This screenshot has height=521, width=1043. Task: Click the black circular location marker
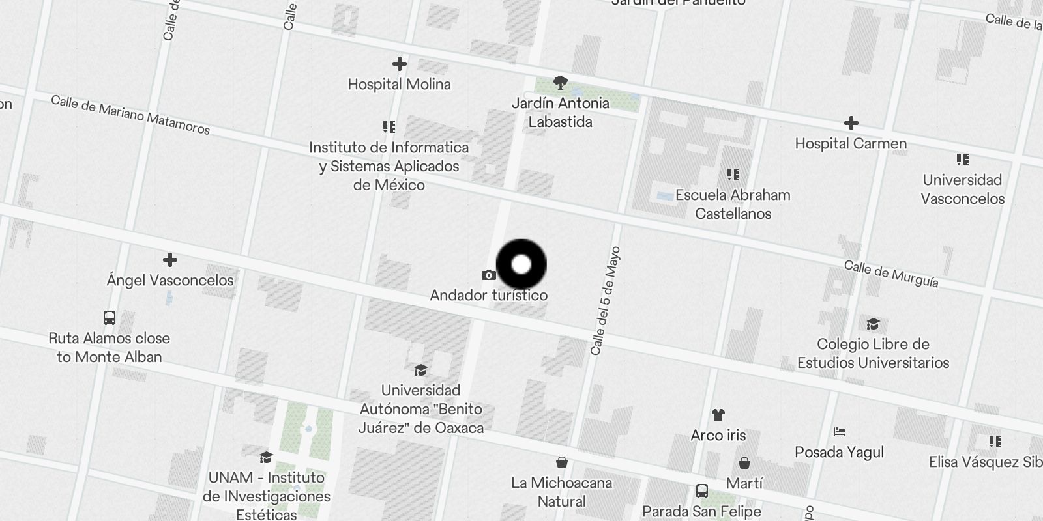[521, 264]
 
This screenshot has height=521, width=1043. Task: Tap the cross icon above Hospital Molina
[399, 64]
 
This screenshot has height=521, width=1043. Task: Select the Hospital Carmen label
[851, 143]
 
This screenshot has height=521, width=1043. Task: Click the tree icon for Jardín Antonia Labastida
[560, 82]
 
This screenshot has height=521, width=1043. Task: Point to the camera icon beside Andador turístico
[488, 275]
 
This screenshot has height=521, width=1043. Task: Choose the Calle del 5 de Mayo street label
[605, 301]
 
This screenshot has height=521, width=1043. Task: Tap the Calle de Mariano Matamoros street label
[130, 115]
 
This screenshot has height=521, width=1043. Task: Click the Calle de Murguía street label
[891, 274]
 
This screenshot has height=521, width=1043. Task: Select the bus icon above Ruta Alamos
[110, 318]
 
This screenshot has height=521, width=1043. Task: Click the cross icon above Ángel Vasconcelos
[170, 260]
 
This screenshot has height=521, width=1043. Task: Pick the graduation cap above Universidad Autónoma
[420, 371]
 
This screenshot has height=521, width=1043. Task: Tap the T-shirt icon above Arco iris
[718, 415]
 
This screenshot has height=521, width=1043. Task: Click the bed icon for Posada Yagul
[840, 432]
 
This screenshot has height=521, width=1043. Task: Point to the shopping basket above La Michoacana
[561, 462]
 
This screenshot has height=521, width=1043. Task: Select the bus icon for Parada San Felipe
[702, 491]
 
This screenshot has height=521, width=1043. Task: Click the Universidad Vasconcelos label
[962, 189]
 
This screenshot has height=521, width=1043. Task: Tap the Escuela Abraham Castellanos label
[733, 204]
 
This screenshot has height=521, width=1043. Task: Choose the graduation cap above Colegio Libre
[873, 324]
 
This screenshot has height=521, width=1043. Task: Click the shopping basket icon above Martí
[744, 463]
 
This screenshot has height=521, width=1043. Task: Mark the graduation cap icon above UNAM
[266, 457]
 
